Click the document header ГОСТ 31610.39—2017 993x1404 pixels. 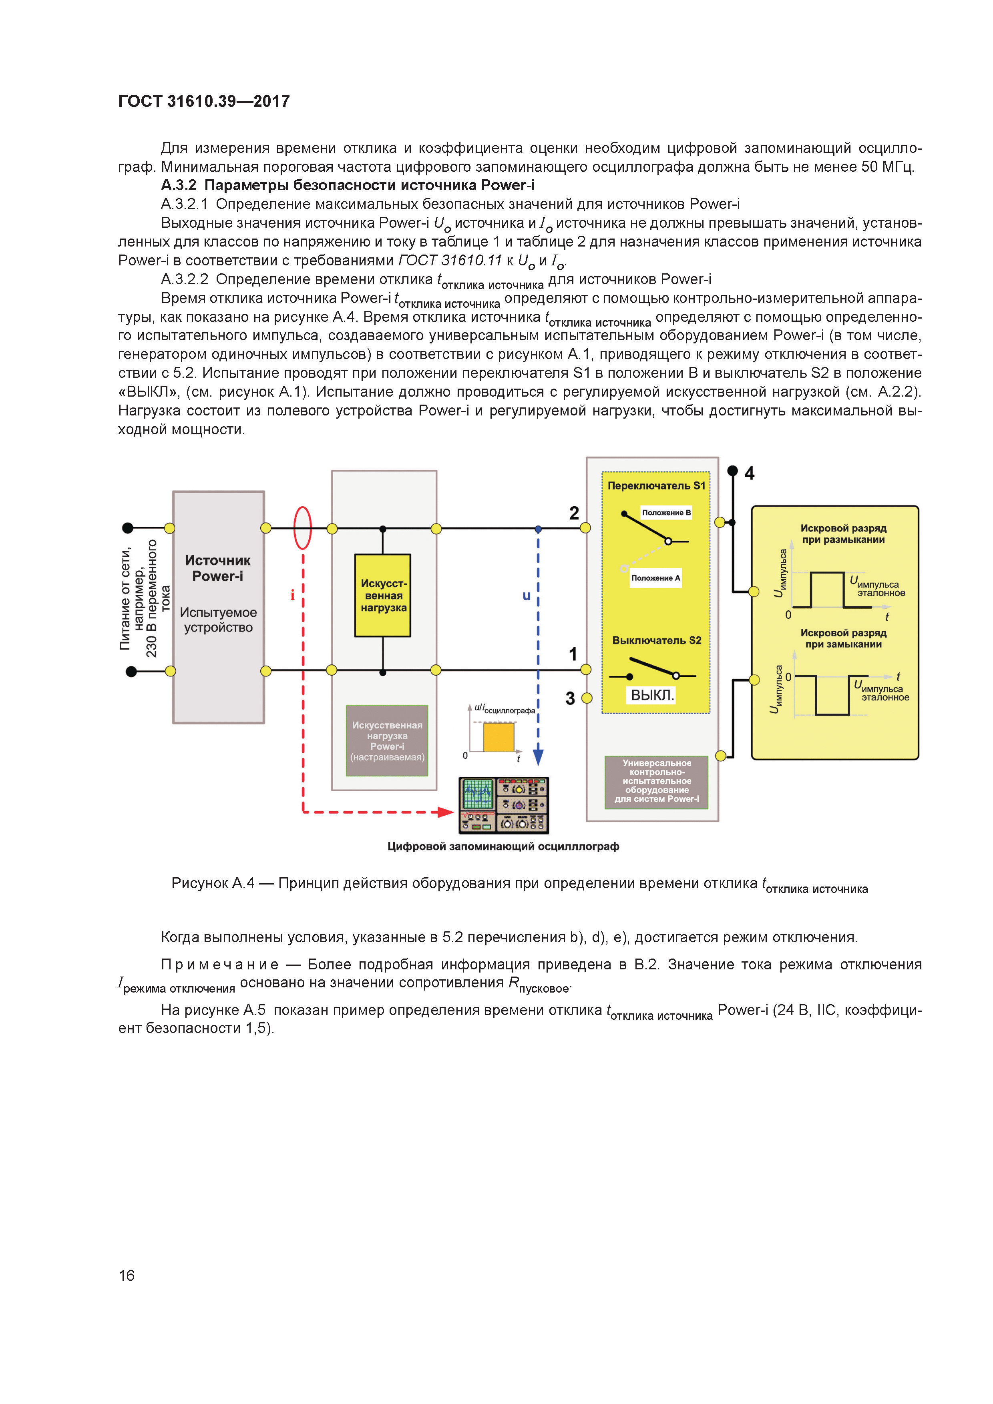(204, 102)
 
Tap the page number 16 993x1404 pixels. (127, 1275)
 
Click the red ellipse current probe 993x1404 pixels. (303, 528)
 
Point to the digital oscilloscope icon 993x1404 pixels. (504, 805)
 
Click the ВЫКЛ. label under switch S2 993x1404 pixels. (651, 695)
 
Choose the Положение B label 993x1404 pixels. (666, 512)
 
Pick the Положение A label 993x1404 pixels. (655, 578)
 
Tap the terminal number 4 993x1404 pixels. (750, 473)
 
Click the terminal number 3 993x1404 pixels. (570, 698)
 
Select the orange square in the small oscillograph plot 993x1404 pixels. (499, 737)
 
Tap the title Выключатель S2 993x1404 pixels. (657, 640)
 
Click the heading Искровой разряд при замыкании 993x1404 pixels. (843, 638)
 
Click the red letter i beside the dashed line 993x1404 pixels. (292, 595)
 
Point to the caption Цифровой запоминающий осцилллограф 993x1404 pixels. (503, 846)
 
